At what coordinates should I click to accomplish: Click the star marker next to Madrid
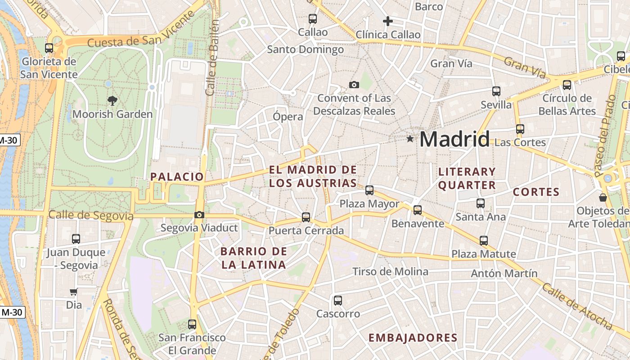(410, 139)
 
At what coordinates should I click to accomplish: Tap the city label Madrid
(454, 139)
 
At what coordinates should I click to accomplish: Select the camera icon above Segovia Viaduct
(199, 215)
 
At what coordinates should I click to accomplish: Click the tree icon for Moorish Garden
(112, 101)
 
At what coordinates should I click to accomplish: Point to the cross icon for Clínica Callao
(387, 21)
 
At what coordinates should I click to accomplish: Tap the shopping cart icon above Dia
(73, 292)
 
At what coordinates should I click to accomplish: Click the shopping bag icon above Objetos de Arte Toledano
(603, 198)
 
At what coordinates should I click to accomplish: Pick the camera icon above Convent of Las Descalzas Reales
(354, 85)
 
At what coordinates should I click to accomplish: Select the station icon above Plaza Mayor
(369, 190)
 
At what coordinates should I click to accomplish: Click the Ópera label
(288, 117)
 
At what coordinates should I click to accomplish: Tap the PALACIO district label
(177, 176)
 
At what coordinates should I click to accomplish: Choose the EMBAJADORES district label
(413, 338)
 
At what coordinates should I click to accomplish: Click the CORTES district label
(536, 192)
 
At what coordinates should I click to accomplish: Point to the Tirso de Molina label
(390, 271)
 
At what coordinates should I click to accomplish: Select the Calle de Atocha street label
(577, 306)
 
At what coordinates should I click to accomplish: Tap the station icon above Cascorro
(338, 300)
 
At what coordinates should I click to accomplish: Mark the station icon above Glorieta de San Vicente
(49, 48)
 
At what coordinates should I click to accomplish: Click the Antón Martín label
(504, 273)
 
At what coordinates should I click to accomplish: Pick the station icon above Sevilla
(496, 91)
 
